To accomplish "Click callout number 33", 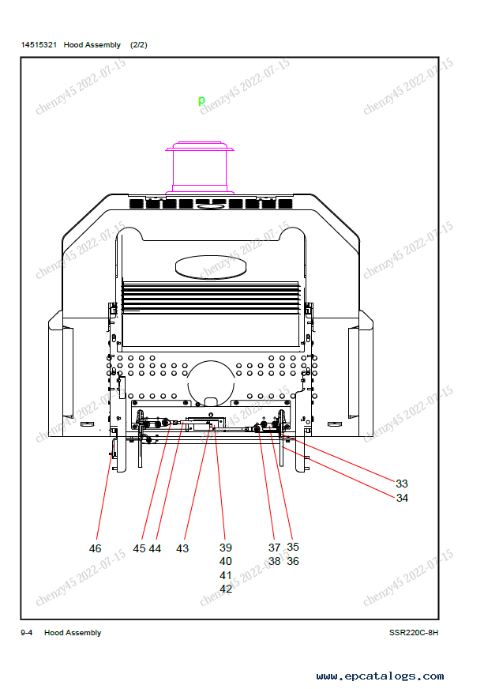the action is coord(401,484).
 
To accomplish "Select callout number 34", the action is coord(402,498).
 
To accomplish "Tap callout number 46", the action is coord(95,548).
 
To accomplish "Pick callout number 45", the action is coord(139,548).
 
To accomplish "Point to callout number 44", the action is coord(155,548).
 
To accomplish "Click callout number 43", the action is coord(182,548).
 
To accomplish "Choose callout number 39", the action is coord(225,548).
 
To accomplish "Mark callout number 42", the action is coord(225,589).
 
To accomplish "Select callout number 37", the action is coord(275,548).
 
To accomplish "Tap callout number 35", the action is coord(293,547).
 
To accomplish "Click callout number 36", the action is coord(293,561).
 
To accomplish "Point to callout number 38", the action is coord(275,561).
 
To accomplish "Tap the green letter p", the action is coord(201,100).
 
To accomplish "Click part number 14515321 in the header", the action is coord(39,45).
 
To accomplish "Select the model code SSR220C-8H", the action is coord(414,633).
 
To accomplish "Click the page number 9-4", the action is coord(26,633).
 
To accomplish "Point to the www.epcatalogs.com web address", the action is coord(380,676).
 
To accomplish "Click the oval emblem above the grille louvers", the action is coord(211,267).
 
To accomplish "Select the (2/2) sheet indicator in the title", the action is coord(139,45).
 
